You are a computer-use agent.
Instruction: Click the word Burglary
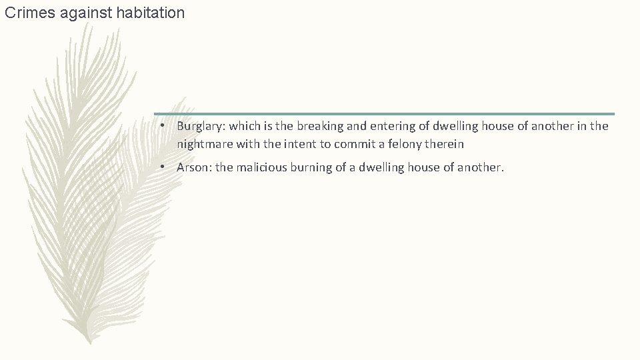(200, 126)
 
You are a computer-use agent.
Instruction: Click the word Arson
(193, 167)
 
